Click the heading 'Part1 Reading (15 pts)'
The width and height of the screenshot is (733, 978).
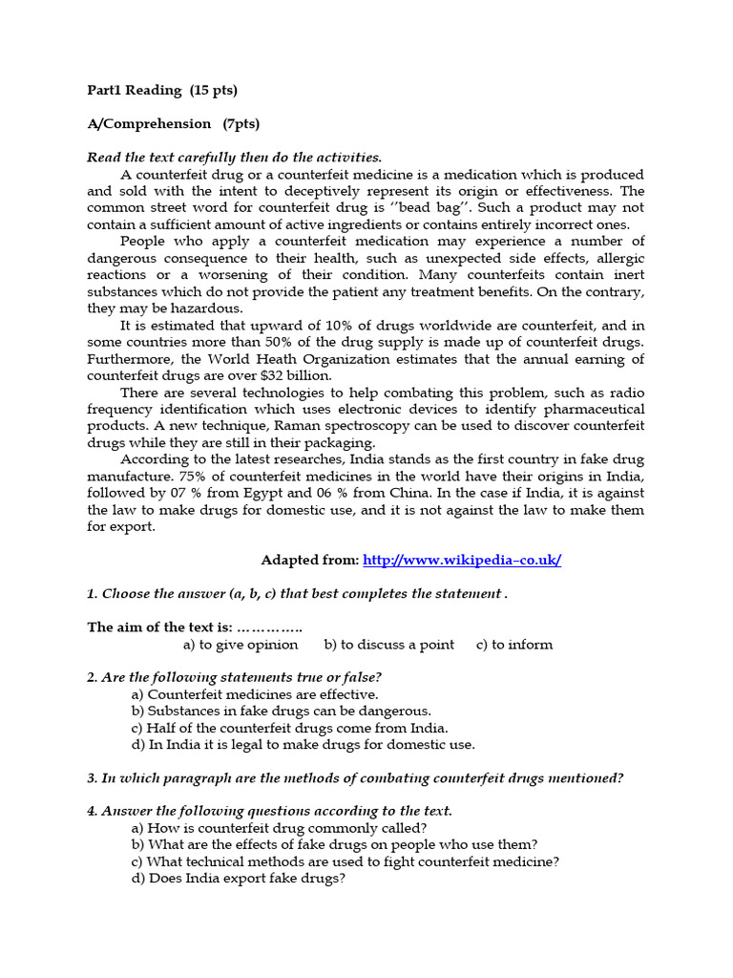click(162, 91)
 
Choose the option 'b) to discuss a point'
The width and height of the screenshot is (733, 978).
click(389, 645)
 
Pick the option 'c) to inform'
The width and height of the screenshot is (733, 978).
click(514, 645)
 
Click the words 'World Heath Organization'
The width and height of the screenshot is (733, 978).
click(305, 359)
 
